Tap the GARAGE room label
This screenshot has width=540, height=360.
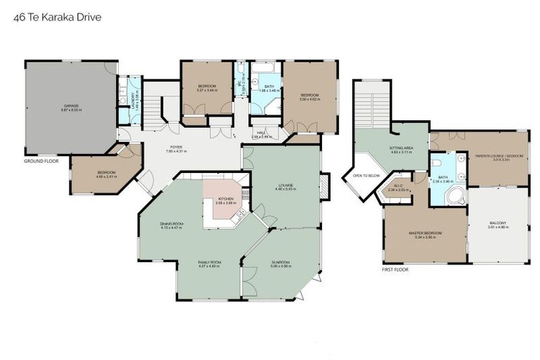[x=71, y=106]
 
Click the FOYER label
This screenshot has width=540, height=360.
[x=176, y=148]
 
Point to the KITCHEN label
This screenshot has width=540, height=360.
[x=226, y=200]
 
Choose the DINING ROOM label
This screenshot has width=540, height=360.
[x=172, y=224]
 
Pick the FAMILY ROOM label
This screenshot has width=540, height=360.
[x=208, y=263]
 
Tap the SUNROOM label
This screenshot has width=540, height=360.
[x=281, y=263]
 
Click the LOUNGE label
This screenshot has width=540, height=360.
[x=285, y=186]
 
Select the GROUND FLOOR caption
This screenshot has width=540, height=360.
[x=41, y=161]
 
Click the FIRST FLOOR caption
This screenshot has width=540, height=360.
[x=396, y=269]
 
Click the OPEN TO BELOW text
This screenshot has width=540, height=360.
[x=366, y=175]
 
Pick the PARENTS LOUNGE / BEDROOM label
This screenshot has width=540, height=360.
[x=499, y=156]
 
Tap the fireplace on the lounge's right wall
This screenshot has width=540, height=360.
[x=323, y=186]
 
